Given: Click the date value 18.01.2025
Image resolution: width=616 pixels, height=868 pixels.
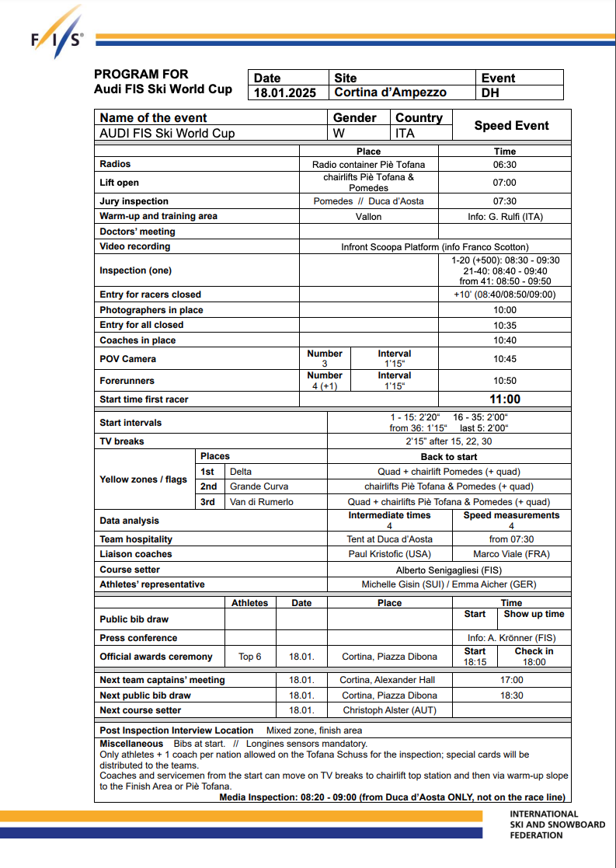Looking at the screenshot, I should point(285,92).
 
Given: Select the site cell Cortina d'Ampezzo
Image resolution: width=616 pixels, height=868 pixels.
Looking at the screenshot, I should point(390,92).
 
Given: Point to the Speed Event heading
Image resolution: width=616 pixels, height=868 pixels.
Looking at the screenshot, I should point(511,125).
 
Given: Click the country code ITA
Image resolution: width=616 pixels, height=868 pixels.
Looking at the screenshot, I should point(405,133).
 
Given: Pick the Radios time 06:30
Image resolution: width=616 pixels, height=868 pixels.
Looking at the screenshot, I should point(504,165).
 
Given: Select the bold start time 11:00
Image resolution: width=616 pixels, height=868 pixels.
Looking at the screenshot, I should point(504,399).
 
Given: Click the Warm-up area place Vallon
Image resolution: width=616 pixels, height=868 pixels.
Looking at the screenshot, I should point(368,217).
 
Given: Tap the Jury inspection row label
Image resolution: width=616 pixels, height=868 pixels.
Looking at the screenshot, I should point(134,201).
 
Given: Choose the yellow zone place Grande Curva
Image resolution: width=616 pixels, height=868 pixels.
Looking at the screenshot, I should point(259,486).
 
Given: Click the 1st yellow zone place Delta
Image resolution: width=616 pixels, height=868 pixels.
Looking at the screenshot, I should point(241,472).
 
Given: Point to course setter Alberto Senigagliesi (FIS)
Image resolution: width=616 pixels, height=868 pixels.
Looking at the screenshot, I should point(449,570).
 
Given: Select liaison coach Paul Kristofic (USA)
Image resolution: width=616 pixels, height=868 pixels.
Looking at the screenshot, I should point(389,554).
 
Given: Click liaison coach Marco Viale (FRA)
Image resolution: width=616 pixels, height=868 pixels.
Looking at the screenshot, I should point(510,554).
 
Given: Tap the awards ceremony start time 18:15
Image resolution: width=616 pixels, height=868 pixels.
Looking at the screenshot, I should point(475,662).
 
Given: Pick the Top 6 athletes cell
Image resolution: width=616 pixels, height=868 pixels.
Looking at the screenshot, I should point(250,657).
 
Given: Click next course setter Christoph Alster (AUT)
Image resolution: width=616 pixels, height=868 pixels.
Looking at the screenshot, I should point(389,710).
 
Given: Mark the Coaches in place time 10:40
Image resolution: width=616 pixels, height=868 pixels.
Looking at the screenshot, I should point(504,340).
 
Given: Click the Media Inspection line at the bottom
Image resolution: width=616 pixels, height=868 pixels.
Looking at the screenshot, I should point(392,797).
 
